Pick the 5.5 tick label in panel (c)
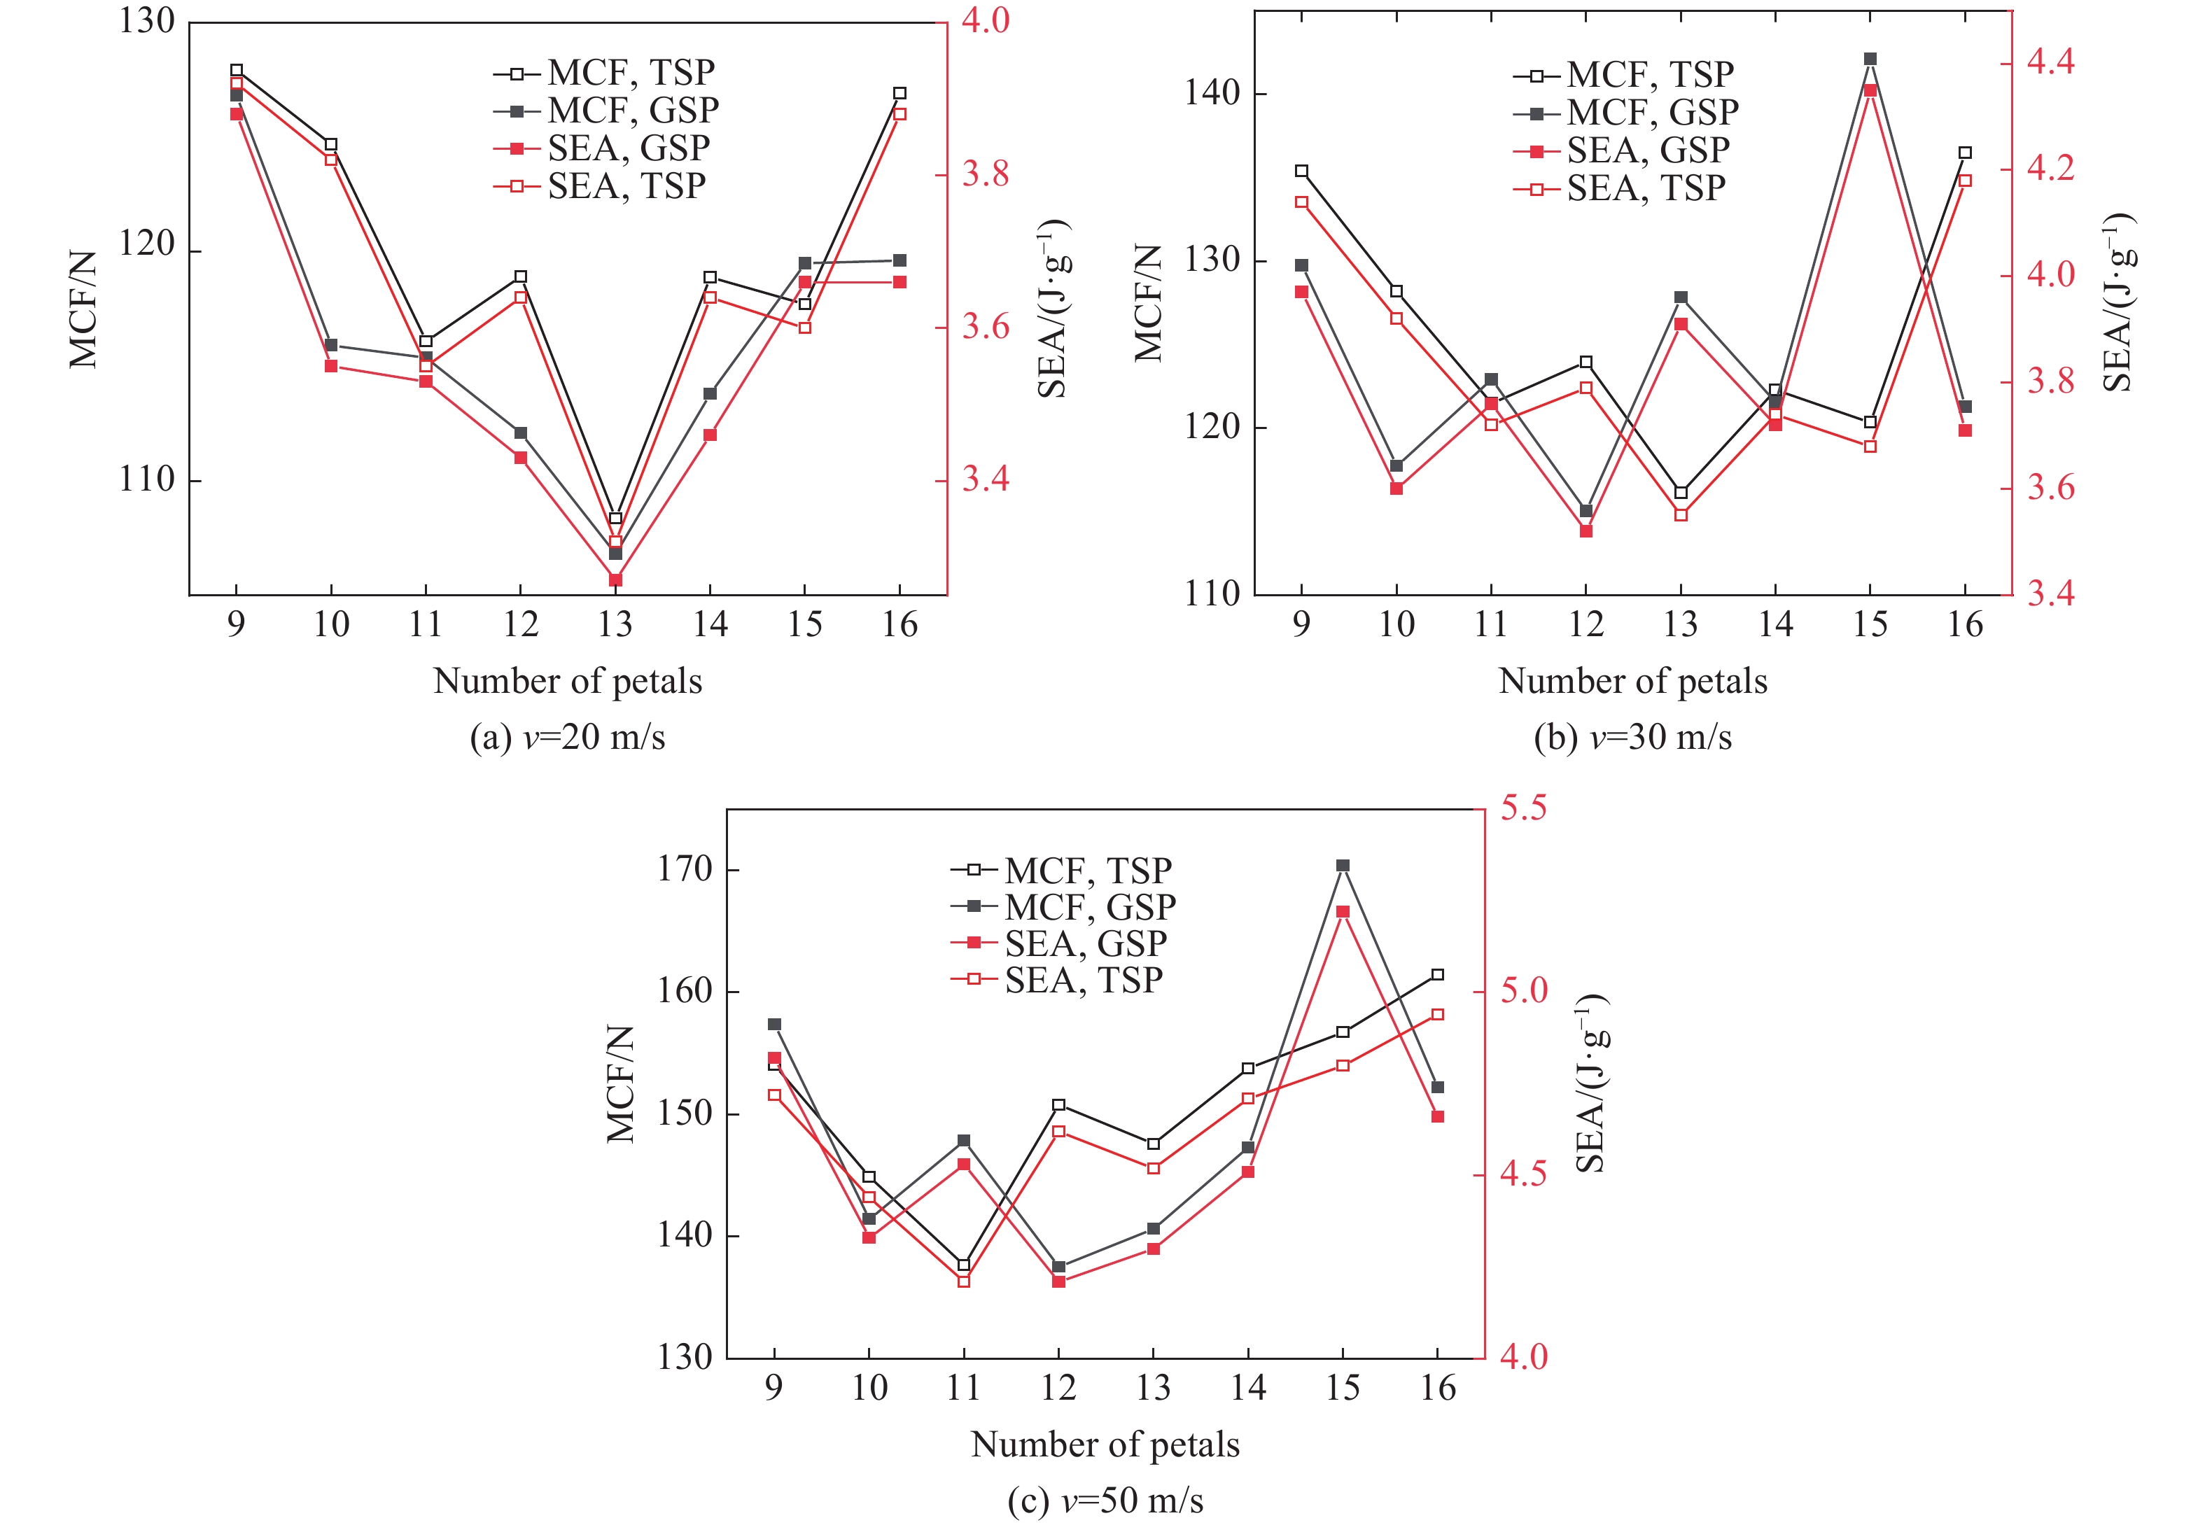1523,808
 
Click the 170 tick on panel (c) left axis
685,869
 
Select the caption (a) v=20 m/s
568,737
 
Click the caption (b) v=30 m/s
1632,737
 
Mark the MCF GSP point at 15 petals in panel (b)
1870,59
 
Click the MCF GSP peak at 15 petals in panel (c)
1343,866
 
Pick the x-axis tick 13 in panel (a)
615,625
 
